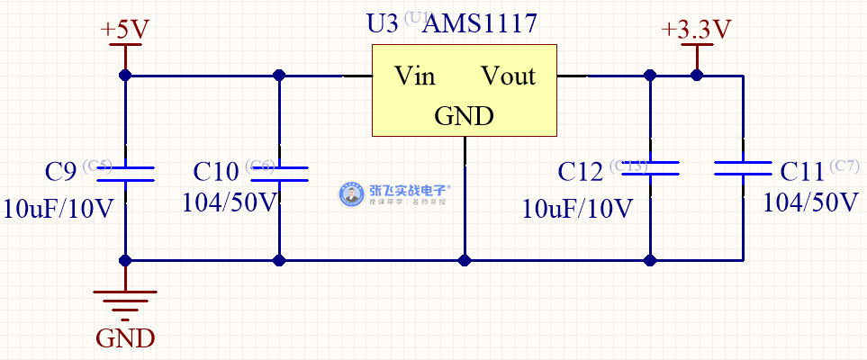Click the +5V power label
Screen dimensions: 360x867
coord(125,30)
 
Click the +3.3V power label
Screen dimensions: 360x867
coord(696,30)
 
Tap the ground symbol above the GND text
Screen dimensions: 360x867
coord(125,302)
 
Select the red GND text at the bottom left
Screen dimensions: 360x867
coord(125,339)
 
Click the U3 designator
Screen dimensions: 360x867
coord(382,24)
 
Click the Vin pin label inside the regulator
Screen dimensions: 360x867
coord(415,76)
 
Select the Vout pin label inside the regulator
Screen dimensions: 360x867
coord(508,76)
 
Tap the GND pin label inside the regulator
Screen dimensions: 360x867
coord(464,116)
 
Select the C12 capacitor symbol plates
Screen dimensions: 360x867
coord(649,168)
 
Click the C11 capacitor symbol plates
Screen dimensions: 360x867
coord(743,168)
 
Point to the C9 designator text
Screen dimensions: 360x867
coord(61,171)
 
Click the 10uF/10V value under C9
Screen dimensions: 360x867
coord(59,209)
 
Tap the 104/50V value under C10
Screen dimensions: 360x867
coord(230,202)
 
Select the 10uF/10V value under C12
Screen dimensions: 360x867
coord(577,209)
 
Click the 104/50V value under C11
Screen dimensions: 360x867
coord(810,202)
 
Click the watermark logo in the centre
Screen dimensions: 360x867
coord(396,194)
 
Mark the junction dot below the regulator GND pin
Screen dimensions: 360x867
coord(465,260)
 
